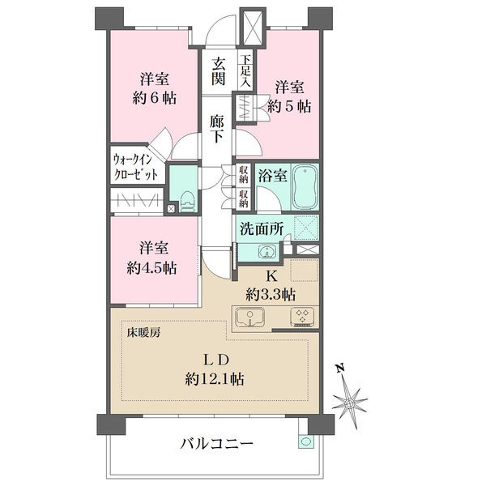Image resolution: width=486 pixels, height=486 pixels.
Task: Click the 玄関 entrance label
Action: [219, 70]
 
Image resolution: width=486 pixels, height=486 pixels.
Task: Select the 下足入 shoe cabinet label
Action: [245, 71]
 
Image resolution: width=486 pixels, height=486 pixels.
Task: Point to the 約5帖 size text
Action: [291, 104]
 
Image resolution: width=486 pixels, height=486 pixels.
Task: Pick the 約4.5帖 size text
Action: [153, 268]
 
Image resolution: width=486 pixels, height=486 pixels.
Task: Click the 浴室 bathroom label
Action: [269, 174]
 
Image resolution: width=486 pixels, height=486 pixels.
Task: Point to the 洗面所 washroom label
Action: [261, 229]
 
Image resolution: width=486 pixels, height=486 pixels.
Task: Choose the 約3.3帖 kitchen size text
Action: [272, 293]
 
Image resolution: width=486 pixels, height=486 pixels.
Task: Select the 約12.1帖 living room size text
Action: [215, 377]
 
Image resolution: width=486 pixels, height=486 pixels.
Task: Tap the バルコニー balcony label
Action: [217, 443]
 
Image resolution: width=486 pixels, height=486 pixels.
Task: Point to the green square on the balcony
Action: [305, 441]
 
